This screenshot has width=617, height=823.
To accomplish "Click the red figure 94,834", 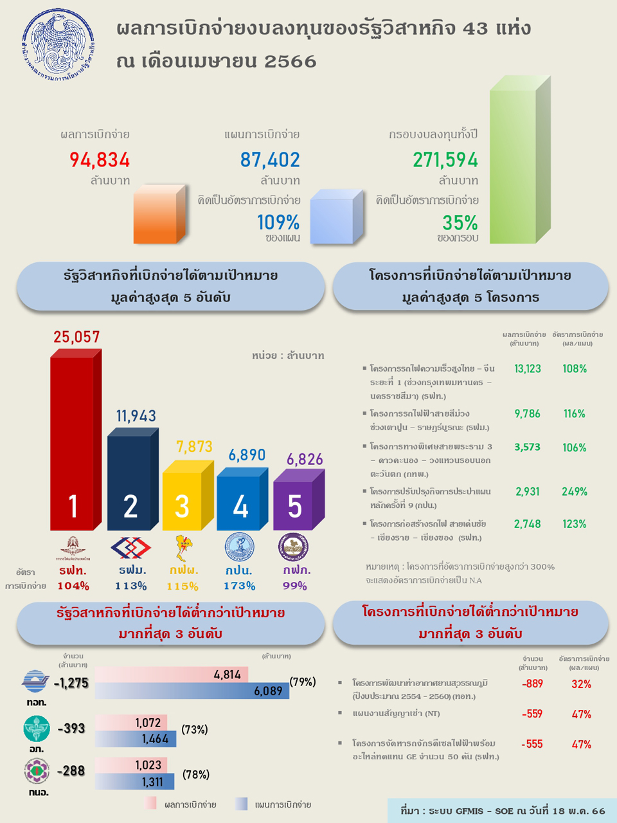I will click(x=100, y=159).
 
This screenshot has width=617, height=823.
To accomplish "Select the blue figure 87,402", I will click(x=270, y=159).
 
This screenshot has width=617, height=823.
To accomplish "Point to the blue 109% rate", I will click(x=278, y=222).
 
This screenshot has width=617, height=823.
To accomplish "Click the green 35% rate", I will click(x=460, y=222).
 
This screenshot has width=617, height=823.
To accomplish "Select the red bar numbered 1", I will click(x=72, y=444).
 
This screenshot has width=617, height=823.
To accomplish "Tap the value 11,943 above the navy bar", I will click(x=136, y=416).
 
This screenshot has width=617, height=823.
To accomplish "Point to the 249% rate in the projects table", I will click(x=574, y=491).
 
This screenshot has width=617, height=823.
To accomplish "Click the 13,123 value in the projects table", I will click(x=528, y=368).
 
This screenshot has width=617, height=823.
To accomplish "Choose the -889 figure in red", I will click(x=532, y=683).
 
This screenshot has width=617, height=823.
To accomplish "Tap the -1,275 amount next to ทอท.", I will click(x=71, y=683).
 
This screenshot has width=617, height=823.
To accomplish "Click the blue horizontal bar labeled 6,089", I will click(x=192, y=691).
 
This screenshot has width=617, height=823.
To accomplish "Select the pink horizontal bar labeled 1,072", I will click(x=131, y=723).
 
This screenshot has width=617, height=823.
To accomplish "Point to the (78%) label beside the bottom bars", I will click(x=196, y=775).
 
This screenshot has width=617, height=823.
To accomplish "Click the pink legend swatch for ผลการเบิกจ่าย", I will click(x=151, y=804).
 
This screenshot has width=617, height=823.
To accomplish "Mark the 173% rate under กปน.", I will click(x=240, y=586).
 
